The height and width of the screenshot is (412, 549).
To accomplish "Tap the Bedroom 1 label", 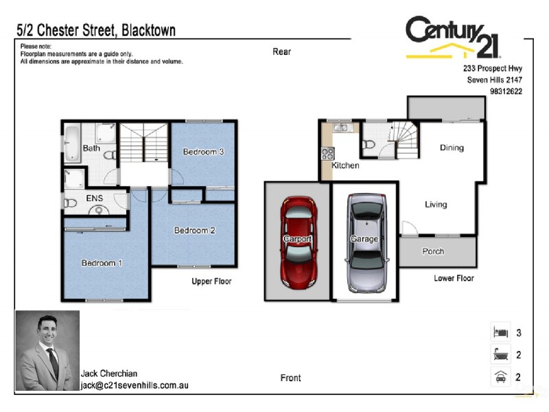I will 102,263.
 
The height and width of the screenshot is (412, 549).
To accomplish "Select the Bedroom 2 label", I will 195,231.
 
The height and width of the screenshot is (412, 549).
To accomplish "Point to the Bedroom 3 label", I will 203,152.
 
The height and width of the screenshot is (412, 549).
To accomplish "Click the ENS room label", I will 94,198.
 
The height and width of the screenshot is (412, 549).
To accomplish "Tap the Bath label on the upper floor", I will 91,148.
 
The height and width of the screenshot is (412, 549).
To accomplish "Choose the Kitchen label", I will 345,165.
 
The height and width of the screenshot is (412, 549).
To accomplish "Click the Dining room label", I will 452,148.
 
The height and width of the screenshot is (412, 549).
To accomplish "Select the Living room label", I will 436,205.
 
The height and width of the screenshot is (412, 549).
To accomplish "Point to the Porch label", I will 433,252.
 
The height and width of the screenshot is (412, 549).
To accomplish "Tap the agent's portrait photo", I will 47,350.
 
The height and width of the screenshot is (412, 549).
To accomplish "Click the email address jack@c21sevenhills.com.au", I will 135,386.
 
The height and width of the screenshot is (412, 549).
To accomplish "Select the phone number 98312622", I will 506,91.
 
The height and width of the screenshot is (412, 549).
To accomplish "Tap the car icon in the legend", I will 500,377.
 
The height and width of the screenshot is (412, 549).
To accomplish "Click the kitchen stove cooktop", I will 327,153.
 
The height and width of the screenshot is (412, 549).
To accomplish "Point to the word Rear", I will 281,51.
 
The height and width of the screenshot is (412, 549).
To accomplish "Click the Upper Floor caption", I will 211,282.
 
